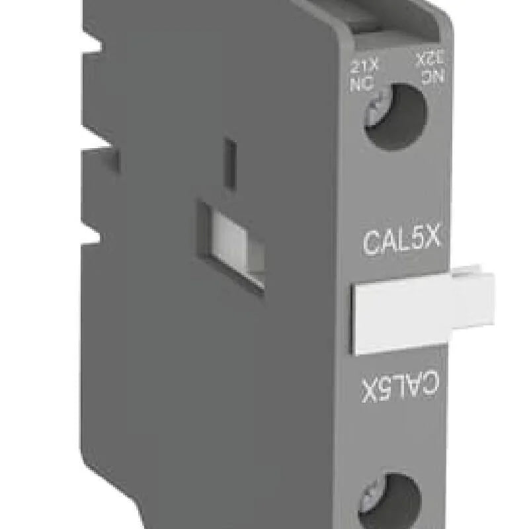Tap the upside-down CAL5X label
tap(400, 387)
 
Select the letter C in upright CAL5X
tap(373, 241)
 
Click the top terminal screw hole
tap(394, 117)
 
